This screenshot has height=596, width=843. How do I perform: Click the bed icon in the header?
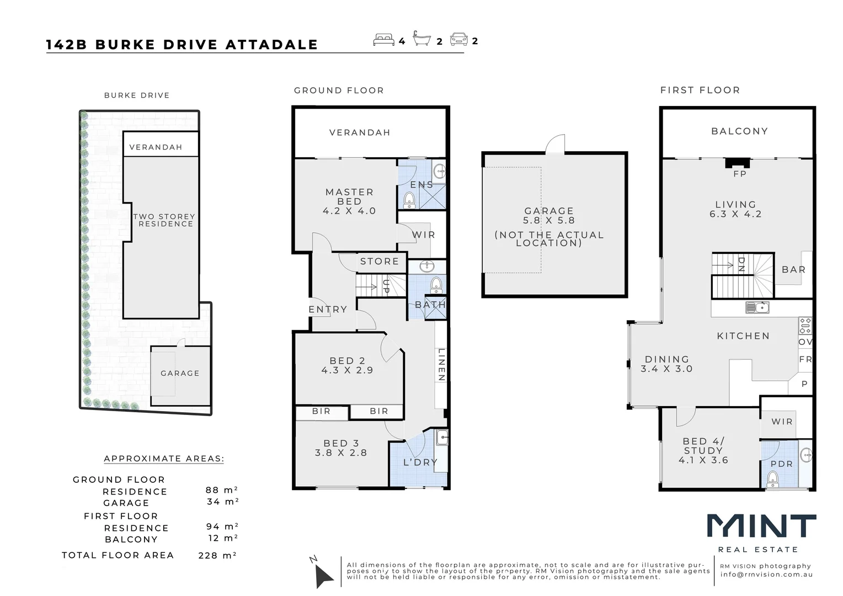pos(384,40)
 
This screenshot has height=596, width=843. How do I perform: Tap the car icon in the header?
pos(458,40)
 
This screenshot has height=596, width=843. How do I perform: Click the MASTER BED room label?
pos(349,197)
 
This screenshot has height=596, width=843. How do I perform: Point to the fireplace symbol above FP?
pos(737,163)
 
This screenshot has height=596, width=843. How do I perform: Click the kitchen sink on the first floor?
pos(757,307)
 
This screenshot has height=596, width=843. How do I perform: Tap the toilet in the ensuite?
pos(409,200)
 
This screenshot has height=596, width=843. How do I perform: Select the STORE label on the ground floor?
pos(379,262)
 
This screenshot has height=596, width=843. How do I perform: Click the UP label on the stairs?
pos(386,286)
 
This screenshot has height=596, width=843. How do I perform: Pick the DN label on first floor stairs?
pos(741,265)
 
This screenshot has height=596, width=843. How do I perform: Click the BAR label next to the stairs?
pos(793,270)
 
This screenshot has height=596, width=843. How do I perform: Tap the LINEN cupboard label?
pos(441,365)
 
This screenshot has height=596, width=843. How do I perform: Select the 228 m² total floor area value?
pos(217,556)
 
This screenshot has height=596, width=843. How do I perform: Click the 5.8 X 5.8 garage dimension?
pos(549,220)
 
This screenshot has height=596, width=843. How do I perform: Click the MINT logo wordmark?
pos(761,526)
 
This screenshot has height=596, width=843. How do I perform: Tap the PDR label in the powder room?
pos(781,464)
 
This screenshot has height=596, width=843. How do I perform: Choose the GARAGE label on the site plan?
pos(180,374)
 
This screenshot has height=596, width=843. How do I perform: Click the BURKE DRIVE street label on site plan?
pos(137,95)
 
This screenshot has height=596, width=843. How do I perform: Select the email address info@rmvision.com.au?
pos(766,574)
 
